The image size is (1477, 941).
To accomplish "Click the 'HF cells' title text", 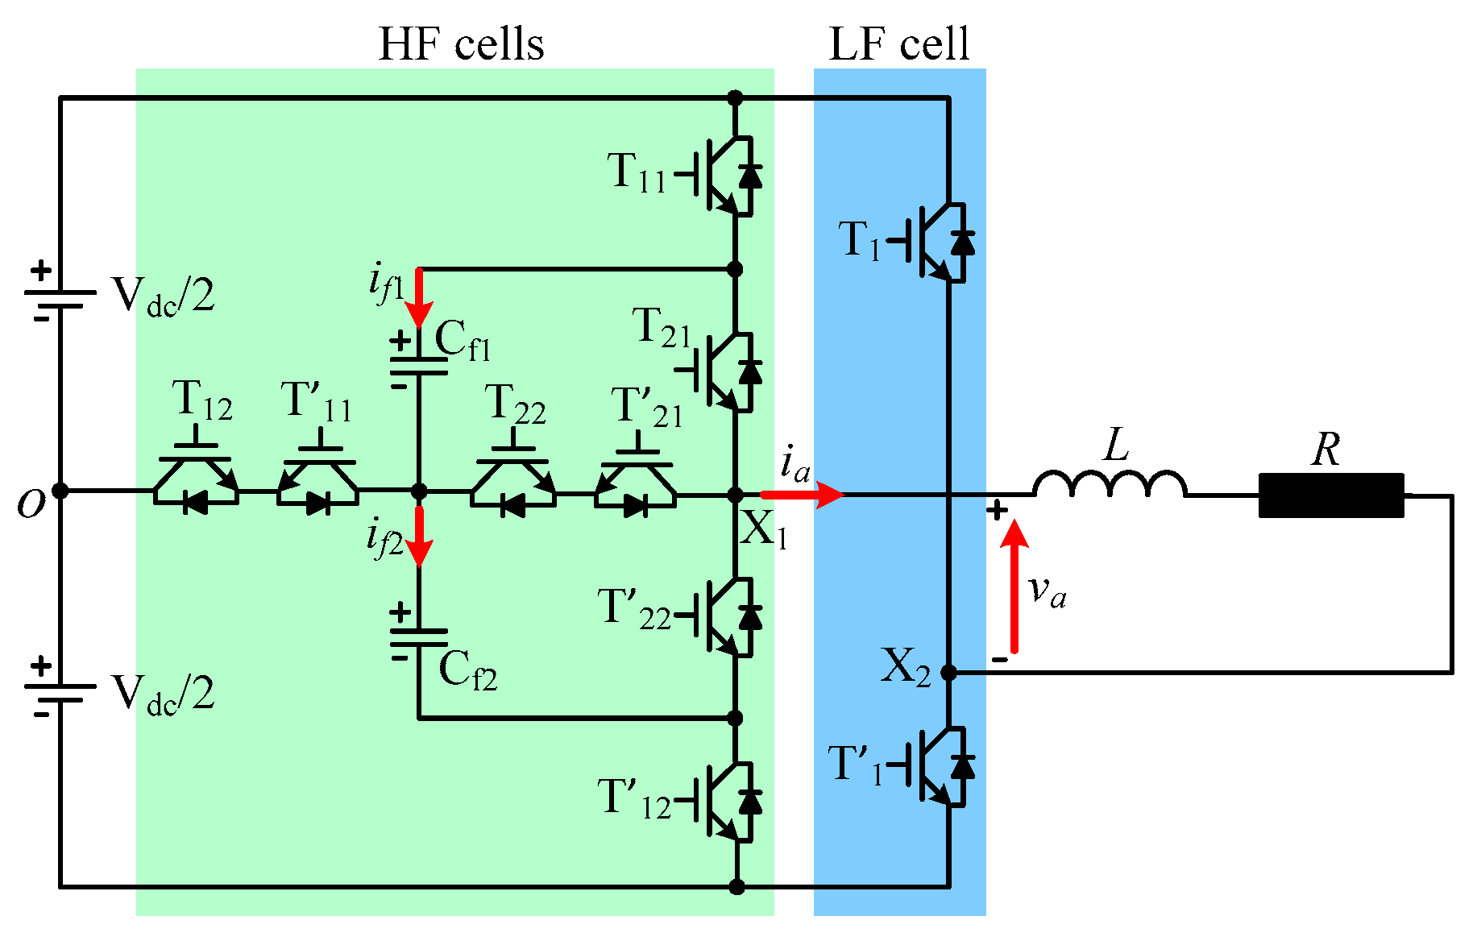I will click(461, 44).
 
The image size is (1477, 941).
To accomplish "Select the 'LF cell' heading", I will click(898, 44).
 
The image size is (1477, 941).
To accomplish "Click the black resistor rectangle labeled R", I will click(1331, 495).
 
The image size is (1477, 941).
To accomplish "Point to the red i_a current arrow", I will click(802, 494).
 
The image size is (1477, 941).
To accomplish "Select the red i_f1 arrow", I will click(419, 298).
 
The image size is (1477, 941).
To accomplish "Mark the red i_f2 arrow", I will click(419, 536).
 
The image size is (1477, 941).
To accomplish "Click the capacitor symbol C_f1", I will click(418, 361).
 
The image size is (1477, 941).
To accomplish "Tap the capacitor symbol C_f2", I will click(418, 636).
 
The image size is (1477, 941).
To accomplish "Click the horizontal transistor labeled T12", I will click(197, 480).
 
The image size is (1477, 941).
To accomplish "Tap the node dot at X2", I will click(949, 672).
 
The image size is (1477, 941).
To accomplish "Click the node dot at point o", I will click(60, 491).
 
